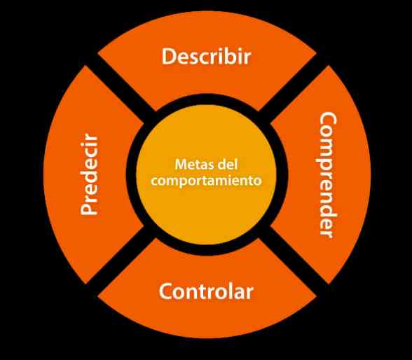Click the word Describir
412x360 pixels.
tap(206, 56)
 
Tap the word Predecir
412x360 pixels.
tap(89, 174)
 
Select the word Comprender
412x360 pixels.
tap(328, 175)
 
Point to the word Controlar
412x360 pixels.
tap(206, 291)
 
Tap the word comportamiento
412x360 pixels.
tap(206, 181)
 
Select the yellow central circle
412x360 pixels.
tap(207, 174)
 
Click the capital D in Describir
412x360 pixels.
tap(168, 56)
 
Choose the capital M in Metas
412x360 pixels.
tap(181, 165)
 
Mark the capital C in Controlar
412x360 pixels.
tap(165, 291)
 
